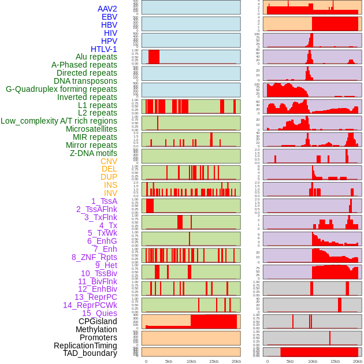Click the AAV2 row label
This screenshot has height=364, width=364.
click(107, 9)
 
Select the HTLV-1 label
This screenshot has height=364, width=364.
click(103, 49)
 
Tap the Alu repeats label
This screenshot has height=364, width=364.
click(96, 57)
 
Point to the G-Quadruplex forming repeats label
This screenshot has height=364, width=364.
click(61, 89)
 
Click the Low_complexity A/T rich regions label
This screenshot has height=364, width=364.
click(59, 121)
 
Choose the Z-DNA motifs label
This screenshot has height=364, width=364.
click(93, 153)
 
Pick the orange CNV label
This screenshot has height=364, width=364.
click(109, 161)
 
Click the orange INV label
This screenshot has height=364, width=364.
click(110, 193)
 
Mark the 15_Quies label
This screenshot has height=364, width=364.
click(99, 313)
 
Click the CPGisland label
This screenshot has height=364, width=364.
click(98, 321)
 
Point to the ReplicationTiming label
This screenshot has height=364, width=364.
click(85, 346)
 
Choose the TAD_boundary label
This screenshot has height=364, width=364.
click(90, 353)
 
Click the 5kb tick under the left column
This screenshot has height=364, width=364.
click(169, 361)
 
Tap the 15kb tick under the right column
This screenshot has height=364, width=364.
click(335, 361)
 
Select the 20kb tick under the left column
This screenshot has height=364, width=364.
click(236, 361)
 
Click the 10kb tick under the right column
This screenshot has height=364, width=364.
click(312, 361)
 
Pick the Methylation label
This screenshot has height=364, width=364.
click(92, 329)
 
